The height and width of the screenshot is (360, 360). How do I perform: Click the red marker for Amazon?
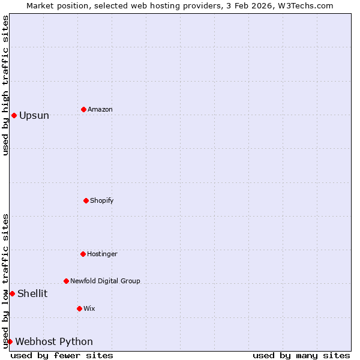click(x=83, y=109)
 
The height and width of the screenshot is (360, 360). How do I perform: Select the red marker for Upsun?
click(x=14, y=115)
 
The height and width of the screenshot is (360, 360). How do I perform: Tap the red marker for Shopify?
click(x=86, y=200)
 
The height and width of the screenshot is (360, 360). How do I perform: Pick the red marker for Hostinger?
click(x=83, y=254)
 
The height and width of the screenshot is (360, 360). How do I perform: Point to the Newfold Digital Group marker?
click(x=66, y=281)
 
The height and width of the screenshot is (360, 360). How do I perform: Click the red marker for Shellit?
click(x=12, y=293)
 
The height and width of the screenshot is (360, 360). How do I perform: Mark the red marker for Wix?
click(x=79, y=308)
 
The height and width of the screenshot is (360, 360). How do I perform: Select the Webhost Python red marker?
click(x=10, y=341)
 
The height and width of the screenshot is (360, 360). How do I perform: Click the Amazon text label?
click(x=100, y=109)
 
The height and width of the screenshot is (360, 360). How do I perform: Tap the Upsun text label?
click(x=34, y=115)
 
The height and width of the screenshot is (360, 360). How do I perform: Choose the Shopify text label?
click(x=102, y=200)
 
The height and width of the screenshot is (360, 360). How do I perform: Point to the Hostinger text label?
click(x=102, y=254)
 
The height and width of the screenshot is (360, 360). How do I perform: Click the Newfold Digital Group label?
click(x=105, y=281)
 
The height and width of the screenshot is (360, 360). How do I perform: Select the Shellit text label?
click(x=32, y=293)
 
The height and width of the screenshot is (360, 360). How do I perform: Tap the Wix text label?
click(x=89, y=308)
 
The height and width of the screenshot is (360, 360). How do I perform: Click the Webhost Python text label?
click(x=54, y=341)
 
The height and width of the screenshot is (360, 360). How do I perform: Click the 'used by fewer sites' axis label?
click(x=62, y=355)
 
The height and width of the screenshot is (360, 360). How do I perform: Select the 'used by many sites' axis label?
click(x=301, y=355)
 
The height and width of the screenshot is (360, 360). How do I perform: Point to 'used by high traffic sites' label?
click(x=5, y=85)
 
